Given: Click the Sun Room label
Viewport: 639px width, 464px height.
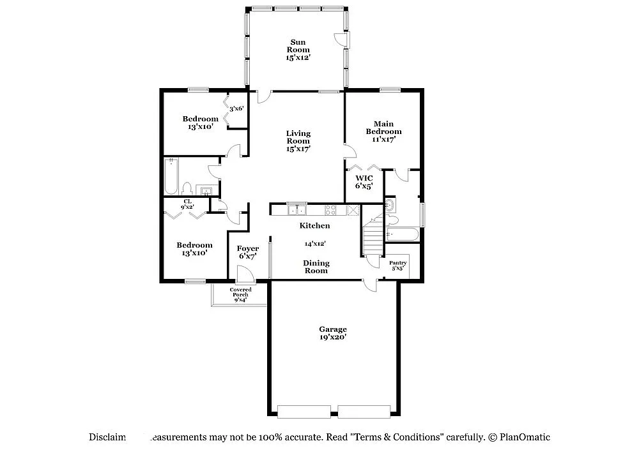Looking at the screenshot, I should pyautogui.click(x=298, y=50).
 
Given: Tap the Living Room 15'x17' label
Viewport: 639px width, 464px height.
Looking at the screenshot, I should pyautogui.click(x=298, y=140).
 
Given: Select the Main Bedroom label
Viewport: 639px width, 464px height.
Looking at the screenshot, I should pyautogui.click(x=383, y=131).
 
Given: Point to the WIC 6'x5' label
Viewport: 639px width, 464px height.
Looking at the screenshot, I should pyautogui.click(x=364, y=182).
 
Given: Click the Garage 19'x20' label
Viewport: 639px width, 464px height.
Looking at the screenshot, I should pyautogui.click(x=333, y=333).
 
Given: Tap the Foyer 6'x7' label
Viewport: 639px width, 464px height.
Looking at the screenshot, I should pyautogui.click(x=248, y=252).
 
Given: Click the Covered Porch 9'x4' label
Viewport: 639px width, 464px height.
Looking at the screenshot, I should pyautogui.click(x=240, y=294).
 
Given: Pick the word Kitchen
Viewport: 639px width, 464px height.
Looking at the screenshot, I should pyautogui.click(x=315, y=225).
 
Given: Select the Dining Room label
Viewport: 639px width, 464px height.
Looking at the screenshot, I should pyautogui.click(x=316, y=267).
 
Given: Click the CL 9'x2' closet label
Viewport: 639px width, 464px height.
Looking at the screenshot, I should pyautogui.click(x=188, y=204).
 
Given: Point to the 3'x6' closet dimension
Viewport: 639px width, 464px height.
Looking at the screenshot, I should pyautogui.click(x=237, y=109).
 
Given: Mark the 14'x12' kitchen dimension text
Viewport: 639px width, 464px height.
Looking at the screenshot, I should pyautogui.click(x=315, y=243).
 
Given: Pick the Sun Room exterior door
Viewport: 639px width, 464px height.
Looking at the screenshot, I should pyautogui.click(x=342, y=39).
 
